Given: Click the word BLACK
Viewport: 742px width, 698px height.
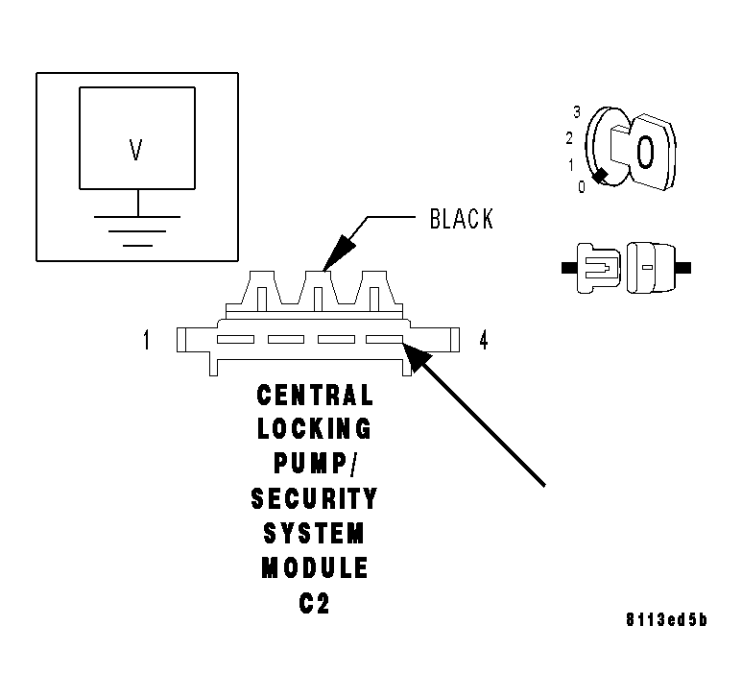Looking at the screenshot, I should point(461,220).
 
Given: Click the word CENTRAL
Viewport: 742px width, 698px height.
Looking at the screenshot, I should point(314,395).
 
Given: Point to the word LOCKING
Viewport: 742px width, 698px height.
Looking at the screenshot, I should point(314,429).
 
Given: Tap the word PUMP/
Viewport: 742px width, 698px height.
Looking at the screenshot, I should point(314,464).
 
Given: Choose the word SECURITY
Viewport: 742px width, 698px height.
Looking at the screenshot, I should point(314,498).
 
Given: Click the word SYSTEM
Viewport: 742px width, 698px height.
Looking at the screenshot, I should point(314,533).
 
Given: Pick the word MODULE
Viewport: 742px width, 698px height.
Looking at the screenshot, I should point(314,567).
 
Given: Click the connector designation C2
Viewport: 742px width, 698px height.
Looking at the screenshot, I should point(314,604).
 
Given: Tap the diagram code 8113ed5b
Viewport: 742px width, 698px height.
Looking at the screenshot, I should point(665,619).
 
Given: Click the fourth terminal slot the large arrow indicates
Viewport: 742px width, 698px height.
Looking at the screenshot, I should point(385,339).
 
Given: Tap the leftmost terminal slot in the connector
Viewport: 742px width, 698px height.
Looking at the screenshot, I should point(235,339).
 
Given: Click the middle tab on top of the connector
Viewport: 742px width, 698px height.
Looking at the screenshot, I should point(319,286).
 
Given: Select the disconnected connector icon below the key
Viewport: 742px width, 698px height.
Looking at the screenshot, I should point(625,266).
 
